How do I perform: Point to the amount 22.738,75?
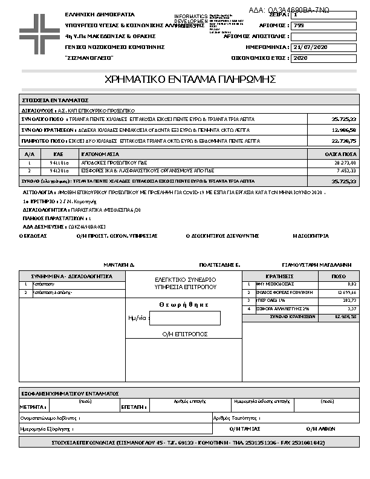point(344,140)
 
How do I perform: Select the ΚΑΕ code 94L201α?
point(59,171)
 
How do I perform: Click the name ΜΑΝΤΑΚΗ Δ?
point(118,265)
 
